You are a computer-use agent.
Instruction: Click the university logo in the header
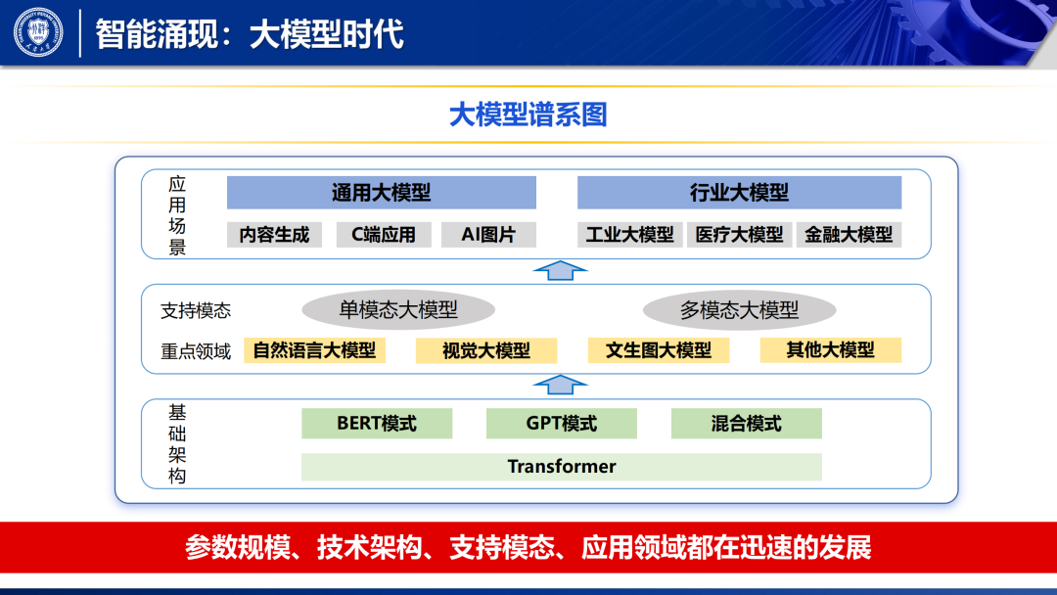tap(37, 33)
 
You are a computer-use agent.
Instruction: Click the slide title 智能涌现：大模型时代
tap(250, 34)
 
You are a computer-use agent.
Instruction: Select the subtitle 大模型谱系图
tap(528, 114)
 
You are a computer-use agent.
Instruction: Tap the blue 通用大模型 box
tap(381, 193)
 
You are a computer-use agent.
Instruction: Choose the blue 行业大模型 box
tap(739, 193)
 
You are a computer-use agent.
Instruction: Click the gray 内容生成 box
tap(274, 235)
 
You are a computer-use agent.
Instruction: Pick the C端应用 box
tap(384, 235)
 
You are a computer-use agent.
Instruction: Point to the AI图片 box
tap(487, 235)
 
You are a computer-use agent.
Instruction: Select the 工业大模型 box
tap(630, 235)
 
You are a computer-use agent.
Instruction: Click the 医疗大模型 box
tap(740, 235)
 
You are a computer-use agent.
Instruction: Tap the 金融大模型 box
tap(849, 235)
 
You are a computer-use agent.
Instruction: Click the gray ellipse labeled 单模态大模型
tap(398, 310)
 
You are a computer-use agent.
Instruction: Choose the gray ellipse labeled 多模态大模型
tap(739, 310)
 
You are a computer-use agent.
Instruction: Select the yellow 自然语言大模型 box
tap(314, 350)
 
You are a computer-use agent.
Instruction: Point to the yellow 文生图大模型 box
tap(658, 350)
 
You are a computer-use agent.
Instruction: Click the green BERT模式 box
tap(377, 424)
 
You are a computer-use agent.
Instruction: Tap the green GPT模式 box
tap(561, 424)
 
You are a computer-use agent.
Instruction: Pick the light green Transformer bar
tap(561, 467)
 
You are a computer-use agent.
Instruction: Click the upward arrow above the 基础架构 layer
tap(561, 384)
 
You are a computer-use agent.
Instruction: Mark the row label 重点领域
tap(196, 351)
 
